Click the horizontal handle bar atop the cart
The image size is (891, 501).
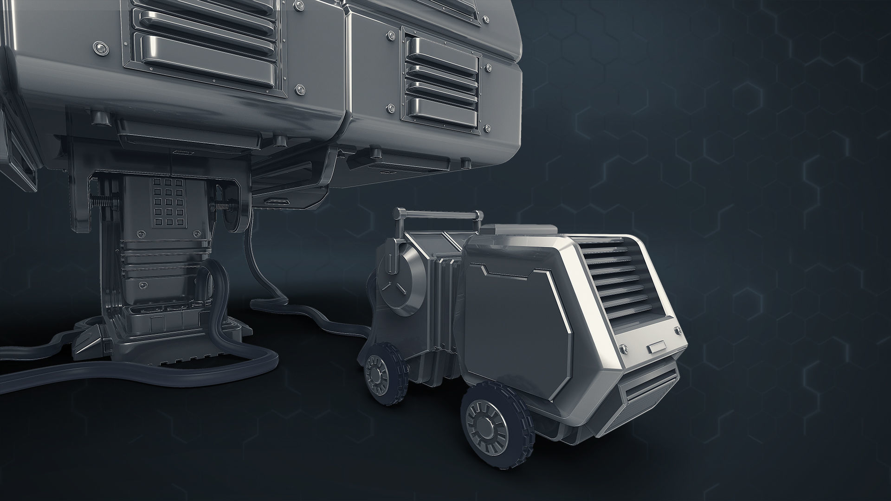(x=436, y=214)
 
